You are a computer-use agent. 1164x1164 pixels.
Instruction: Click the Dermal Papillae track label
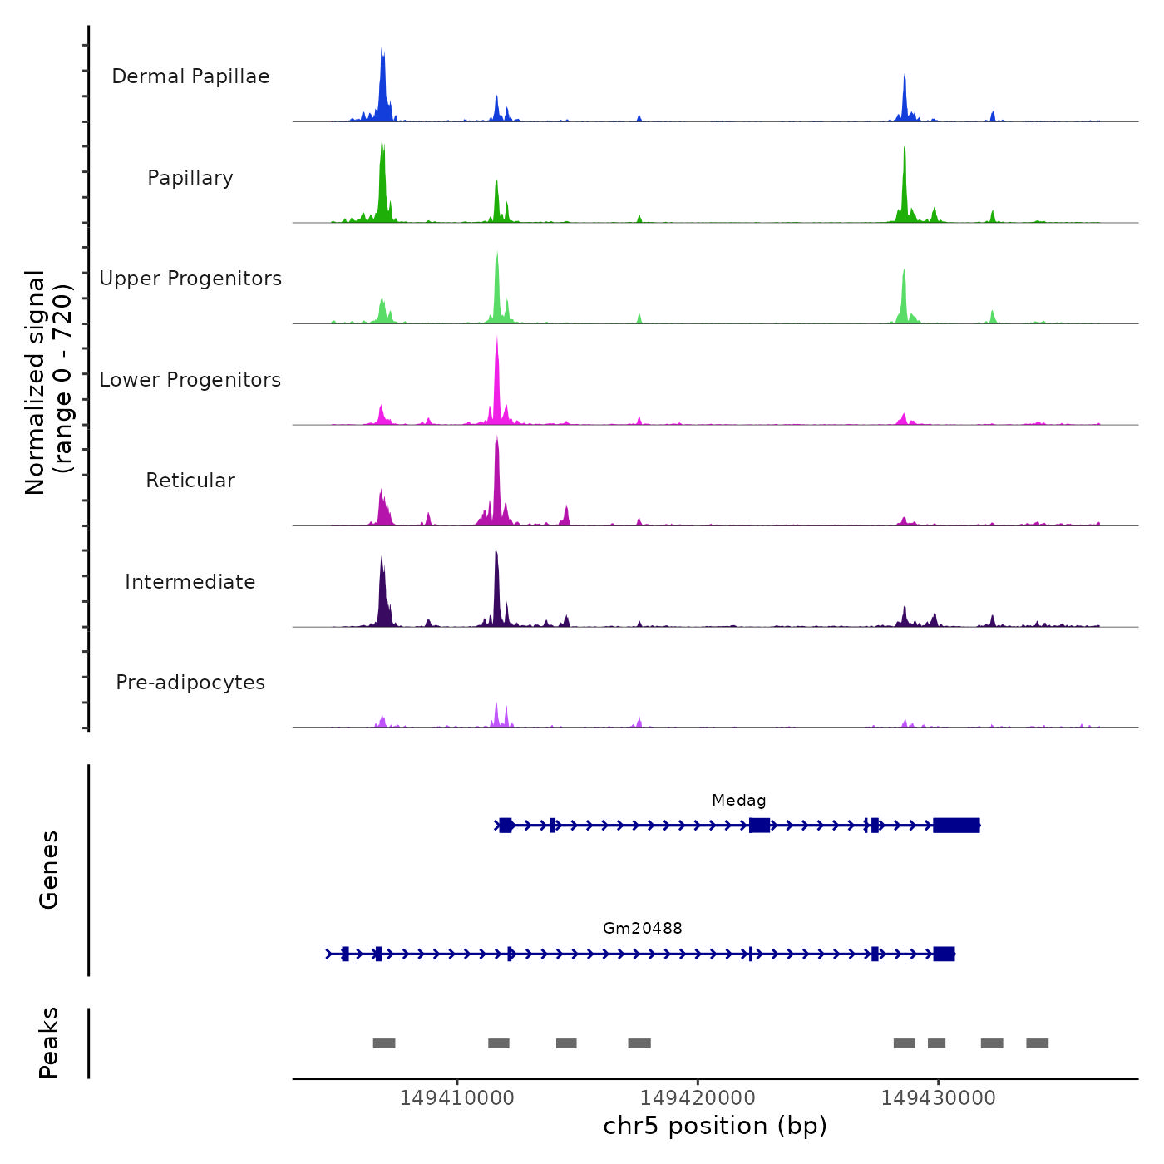(190, 76)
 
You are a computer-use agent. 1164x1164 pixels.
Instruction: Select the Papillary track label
(190, 178)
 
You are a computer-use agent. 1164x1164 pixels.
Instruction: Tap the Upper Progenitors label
(190, 279)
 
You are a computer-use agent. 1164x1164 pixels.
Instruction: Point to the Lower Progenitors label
(190, 380)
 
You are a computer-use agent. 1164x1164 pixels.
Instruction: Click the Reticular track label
(190, 481)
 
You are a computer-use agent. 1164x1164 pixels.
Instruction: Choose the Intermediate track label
(190, 582)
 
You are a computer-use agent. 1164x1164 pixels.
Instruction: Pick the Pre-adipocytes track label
(190, 683)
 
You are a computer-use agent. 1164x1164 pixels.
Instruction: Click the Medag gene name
(738, 801)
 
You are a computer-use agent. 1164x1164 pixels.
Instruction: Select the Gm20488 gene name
(642, 928)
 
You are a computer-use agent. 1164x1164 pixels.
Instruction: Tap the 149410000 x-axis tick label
(456, 1098)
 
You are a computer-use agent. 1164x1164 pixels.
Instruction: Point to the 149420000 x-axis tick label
(698, 1098)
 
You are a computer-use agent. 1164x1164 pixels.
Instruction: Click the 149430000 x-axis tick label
(938, 1098)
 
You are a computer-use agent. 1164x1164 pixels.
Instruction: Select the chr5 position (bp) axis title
(715, 1126)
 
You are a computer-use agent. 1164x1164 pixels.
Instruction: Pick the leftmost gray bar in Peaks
(384, 1043)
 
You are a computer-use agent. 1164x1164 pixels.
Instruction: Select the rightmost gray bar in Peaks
(1037, 1043)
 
